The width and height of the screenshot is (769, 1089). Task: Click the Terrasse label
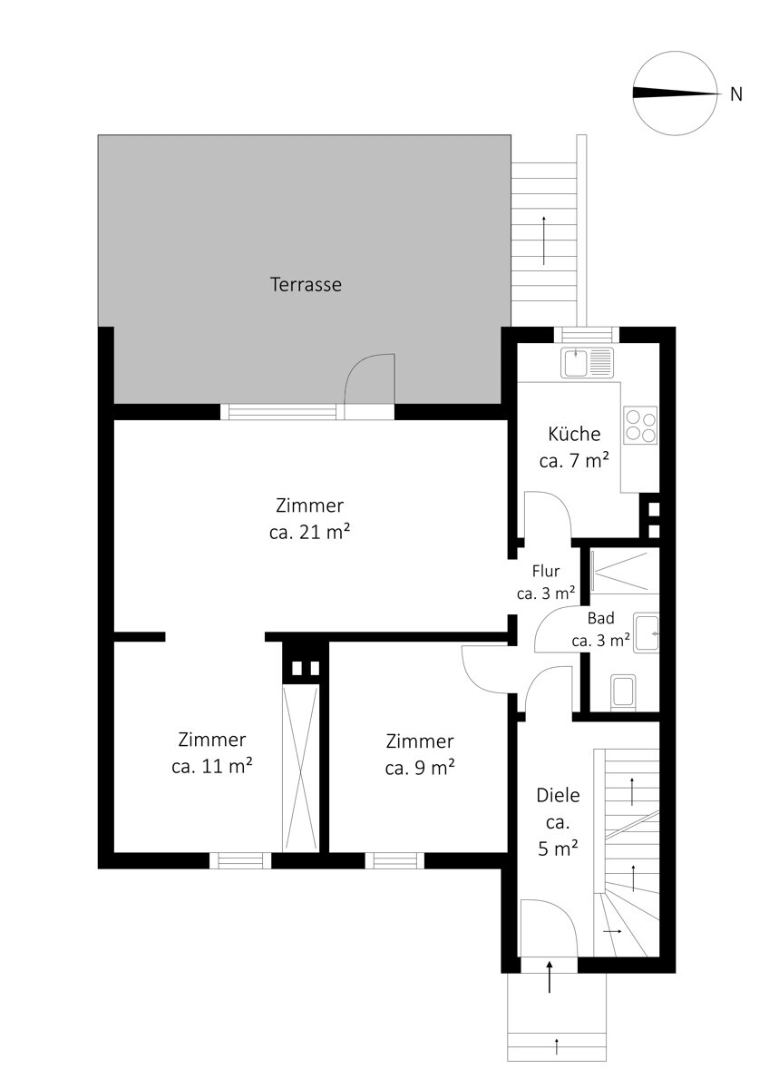click(x=306, y=284)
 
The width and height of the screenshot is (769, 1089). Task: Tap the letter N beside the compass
click(x=736, y=93)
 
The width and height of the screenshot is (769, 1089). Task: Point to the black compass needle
click(x=675, y=93)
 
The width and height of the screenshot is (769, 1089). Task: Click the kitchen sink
click(x=587, y=362)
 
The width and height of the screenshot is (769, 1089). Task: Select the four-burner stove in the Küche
click(x=641, y=425)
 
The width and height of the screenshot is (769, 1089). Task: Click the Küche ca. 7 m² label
click(x=574, y=446)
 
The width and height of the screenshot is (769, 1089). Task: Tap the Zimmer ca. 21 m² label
click(x=309, y=519)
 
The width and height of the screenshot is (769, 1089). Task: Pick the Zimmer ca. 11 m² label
click(x=212, y=752)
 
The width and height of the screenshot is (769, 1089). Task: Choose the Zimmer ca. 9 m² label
click(x=420, y=754)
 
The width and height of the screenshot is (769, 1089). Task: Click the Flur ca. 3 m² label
click(x=546, y=582)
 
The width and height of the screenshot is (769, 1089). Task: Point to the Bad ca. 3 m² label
click(x=601, y=629)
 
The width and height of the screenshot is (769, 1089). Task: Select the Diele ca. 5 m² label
click(x=559, y=822)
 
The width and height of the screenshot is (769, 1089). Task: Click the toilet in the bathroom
click(x=623, y=691)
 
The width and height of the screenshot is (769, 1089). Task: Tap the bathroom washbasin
click(x=646, y=633)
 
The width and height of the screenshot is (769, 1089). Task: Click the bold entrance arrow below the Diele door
click(x=550, y=976)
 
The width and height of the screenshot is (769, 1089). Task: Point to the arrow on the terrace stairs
click(x=543, y=240)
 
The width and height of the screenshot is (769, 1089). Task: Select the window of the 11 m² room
click(x=240, y=860)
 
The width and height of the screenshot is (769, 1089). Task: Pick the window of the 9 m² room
click(x=394, y=860)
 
